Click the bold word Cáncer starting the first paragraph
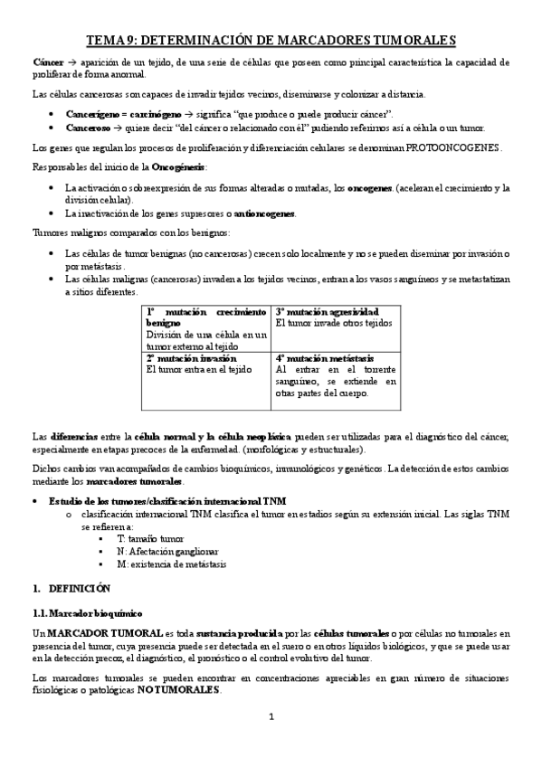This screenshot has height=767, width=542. coord(49,62)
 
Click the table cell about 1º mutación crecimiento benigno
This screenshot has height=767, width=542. coord(206,327)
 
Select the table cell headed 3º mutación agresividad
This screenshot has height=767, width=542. coord(334,317)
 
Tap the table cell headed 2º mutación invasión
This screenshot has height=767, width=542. coord(206,364)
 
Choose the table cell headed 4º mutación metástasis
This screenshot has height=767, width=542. coord(334,375)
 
